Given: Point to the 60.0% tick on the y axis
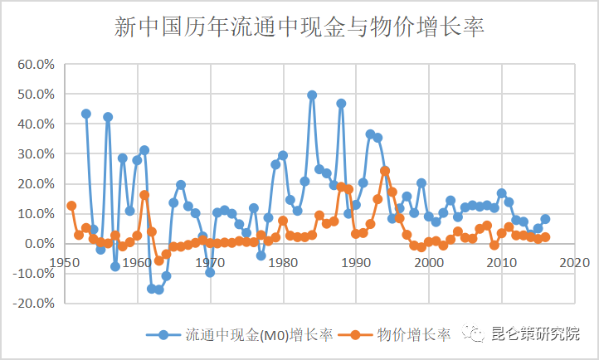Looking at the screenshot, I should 36,65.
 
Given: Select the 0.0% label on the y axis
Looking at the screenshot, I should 39,244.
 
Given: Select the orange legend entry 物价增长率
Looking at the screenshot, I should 403,335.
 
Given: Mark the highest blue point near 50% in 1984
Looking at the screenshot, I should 312,95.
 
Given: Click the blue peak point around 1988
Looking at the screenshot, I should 341,104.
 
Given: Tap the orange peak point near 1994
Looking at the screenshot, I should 385,171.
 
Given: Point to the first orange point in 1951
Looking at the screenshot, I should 71,206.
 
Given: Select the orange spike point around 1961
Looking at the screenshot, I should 144,195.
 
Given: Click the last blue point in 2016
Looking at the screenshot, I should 545,219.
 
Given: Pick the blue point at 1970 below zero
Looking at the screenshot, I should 210,272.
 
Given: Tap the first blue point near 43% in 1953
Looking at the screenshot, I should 86,114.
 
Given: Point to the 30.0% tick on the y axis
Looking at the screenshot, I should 36,154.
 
